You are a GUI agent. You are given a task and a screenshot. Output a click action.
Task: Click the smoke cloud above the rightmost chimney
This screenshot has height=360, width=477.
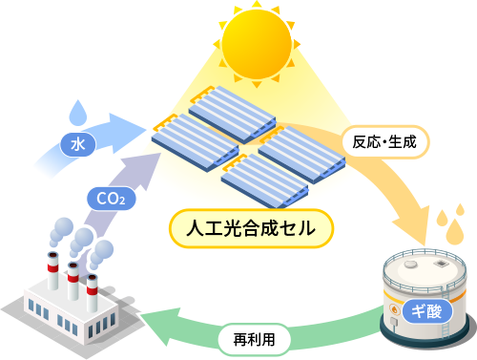pyautogui.click(x=101, y=252)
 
